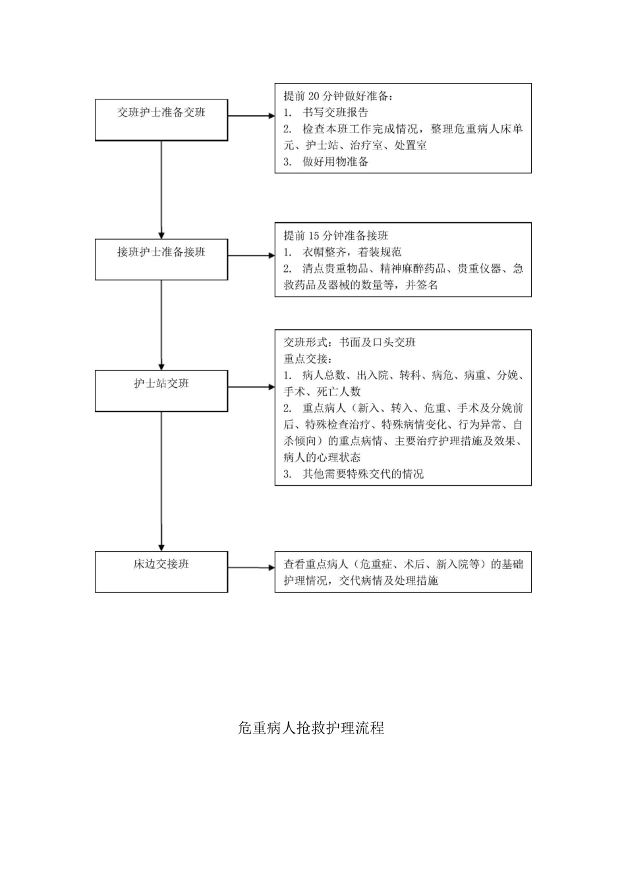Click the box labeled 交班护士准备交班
161,119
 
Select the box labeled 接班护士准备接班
161,259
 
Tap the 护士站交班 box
161,390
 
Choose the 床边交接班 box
161,571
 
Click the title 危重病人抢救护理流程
311,728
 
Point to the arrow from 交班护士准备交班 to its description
251,116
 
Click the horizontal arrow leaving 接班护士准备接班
251,255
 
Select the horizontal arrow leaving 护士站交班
251,387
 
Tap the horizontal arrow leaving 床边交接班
251,568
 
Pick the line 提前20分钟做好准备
338,96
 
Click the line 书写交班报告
335,113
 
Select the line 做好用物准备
335,162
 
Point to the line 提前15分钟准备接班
336,236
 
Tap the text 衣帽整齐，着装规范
351,252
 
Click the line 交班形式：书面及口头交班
350,342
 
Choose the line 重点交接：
308,359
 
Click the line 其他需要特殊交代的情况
362,474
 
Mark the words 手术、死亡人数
322,392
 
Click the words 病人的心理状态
322,458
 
